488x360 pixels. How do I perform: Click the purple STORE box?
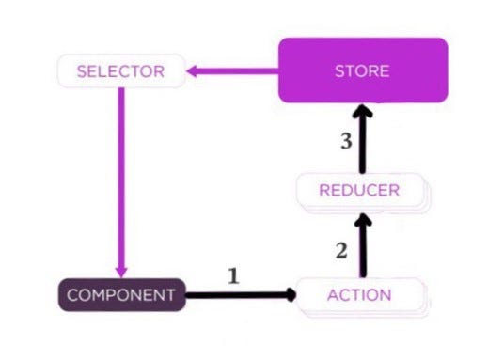(363, 70)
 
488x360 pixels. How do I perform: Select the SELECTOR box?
(121, 70)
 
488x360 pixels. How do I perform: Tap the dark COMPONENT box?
(122, 295)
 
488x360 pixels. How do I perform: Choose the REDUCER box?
(363, 193)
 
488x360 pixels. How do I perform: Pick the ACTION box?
(363, 297)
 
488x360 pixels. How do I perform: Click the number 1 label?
(233, 276)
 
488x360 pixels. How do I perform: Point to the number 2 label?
(341, 251)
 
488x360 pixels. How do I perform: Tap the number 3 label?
(346, 141)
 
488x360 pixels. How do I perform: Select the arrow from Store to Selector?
(232, 71)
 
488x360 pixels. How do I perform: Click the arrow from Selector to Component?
(121, 182)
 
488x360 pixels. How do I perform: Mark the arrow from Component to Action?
(241, 295)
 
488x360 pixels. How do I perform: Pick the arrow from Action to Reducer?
(363, 245)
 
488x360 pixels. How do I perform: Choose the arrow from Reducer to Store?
(363, 139)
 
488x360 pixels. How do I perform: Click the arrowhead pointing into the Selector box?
(192, 71)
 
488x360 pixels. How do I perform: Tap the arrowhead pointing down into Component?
(121, 273)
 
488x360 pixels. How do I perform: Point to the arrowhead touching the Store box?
(363, 111)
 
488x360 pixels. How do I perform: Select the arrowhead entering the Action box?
(291, 295)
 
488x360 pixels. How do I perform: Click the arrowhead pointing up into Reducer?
(363, 219)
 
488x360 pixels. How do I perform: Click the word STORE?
(362, 71)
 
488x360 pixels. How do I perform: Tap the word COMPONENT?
(121, 295)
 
